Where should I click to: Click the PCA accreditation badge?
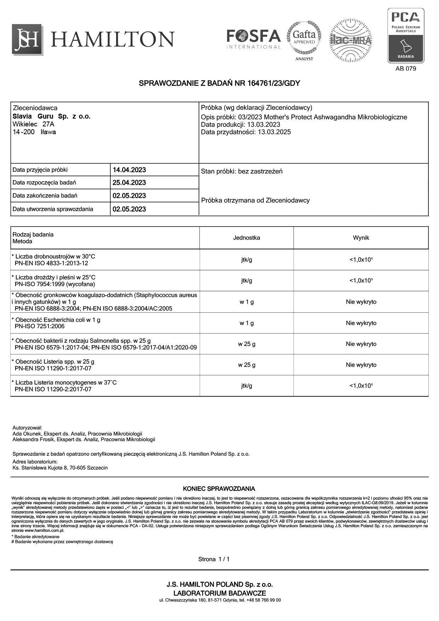tap(406, 35)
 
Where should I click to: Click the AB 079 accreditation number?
tap(406, 69)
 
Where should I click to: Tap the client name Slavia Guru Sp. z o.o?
tap(52, 116)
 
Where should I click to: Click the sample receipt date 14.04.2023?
tap(129, 170)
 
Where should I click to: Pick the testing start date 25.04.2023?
tap(129, 183)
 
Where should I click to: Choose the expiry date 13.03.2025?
tap(274, 132)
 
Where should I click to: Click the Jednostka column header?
tap(246, 238)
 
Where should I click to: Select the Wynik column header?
tap(361, 238)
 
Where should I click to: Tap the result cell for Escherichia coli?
tap(361, 323)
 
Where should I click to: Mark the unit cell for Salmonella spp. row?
tap(246, 344)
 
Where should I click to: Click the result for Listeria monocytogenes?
tap(361, 386)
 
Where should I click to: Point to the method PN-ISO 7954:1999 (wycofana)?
tap(55, 284)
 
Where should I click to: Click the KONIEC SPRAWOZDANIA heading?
tap(219, 489)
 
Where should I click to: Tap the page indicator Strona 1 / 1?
tap(214, 559)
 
